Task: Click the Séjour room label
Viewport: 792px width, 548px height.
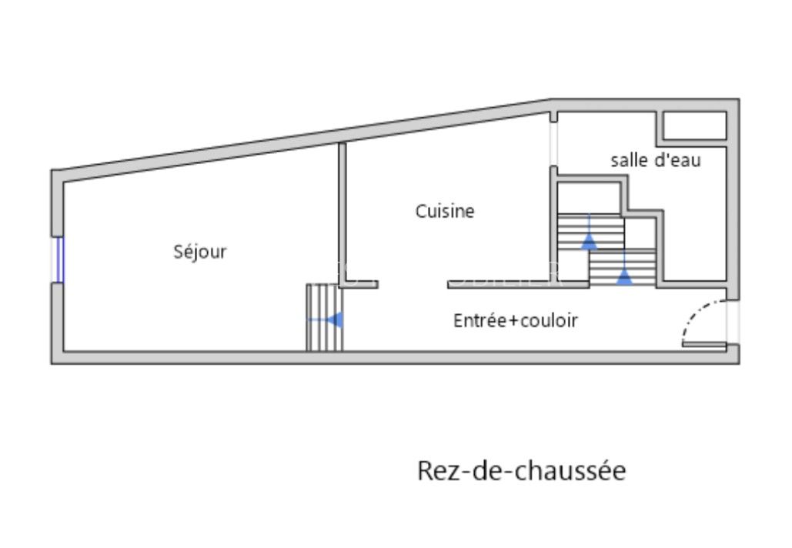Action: pos(200,252)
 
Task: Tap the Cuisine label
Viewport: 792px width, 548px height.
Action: pos(445,211)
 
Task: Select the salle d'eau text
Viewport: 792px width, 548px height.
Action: pos(656,160)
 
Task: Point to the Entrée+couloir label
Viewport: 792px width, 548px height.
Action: pos(515,320)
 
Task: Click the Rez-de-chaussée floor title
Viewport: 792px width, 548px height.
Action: pos(521,469)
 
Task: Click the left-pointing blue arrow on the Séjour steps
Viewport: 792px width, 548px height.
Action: pos(335,319)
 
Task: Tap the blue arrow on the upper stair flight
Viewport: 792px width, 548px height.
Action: pos(589,242)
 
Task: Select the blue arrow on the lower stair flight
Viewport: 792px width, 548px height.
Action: pos(624,277)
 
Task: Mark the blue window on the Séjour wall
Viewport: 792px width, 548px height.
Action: pos(58,259)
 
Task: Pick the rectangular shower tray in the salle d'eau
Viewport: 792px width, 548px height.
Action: pos(694,126)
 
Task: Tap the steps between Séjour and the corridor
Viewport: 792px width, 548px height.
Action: pos(324,317)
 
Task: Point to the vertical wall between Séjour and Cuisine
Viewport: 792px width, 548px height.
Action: pos(342,212)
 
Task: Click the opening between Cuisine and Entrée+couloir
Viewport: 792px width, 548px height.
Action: pos(413,284)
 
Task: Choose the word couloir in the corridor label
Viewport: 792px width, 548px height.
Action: pos(550,320)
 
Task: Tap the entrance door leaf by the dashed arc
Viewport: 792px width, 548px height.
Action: pos(703,343)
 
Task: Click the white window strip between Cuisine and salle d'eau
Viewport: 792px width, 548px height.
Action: pos(553,144)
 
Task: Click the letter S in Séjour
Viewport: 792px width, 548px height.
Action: pos(179,252)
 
